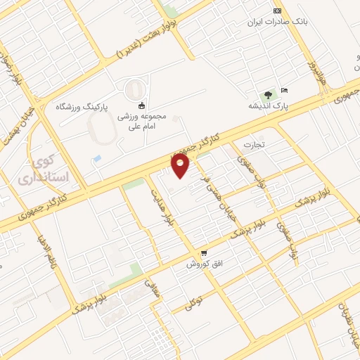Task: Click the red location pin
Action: (x=181, y=166)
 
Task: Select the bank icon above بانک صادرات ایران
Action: (x=277, y=11)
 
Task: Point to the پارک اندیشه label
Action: (x=268, y=106)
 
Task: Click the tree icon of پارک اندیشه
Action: (x=267, y=95)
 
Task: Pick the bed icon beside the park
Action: (x=284, y=91)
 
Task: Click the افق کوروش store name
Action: (x=204, y=264)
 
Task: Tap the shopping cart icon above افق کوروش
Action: (x=204, y=252)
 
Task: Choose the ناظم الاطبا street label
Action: (x=46, y=250)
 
